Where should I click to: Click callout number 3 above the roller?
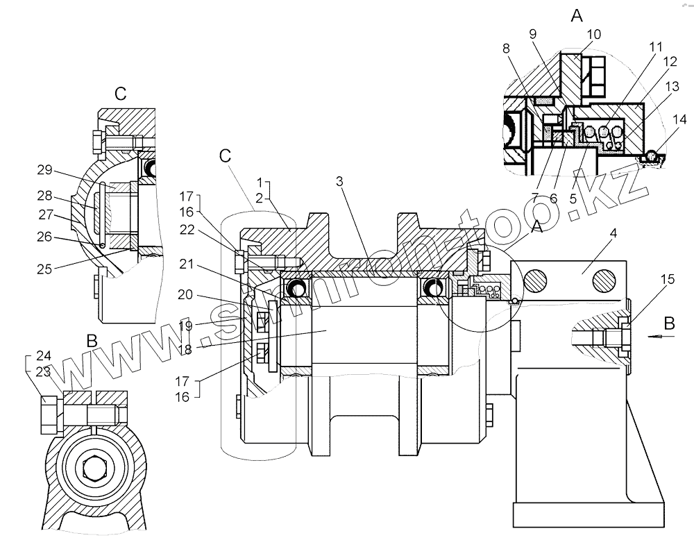coord(339,181)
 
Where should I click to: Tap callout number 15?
coord(667,280)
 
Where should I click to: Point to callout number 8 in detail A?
coord(506,49)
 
